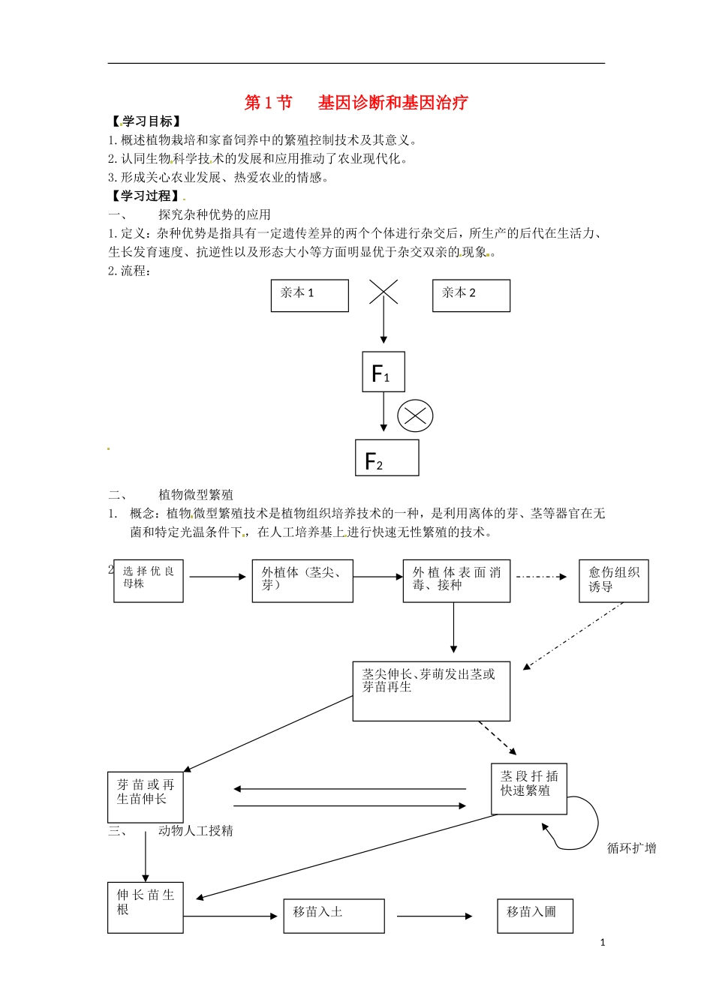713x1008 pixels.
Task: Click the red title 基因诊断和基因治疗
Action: pyautogui.click(x=393, y=103)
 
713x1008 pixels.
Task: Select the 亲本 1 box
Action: pyautogui.click(x=309, y=295)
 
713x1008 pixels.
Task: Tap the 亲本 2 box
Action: pyautogui.click(x=471, y=295)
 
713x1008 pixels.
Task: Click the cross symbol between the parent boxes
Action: pyautogui.click(x=384, y=292)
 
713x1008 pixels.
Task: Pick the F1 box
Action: pyautogui.click(x=384, y=372)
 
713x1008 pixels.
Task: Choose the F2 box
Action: pyautogui.click(x=387, y=458)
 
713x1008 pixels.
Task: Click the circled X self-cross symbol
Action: pyautogui.click(x=415, y=415)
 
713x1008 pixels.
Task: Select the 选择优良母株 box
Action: pyautogui.click(x=149, y=580)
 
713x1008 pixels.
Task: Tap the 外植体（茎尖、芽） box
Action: pyautogui.click(x=302, y=580)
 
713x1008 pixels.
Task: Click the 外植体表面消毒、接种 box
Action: pyautogui.click(x=456, y=580)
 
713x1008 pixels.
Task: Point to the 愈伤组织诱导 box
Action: pyautogui.click(x=613, y=580)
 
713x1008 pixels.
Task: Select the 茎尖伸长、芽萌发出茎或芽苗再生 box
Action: pyautogui.click(x=431, y=691)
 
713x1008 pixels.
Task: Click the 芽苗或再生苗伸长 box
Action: pyautogui.click(x=146, y=796)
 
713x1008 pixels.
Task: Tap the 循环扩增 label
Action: pyautogui.click(x=631, y=848)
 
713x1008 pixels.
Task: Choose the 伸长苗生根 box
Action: pyautogui.click(x=146, y=907)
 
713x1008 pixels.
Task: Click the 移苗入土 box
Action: pyautogui.click(x=334, y=916)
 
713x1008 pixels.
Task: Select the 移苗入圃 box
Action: pyautogui.click(x=534, y=916)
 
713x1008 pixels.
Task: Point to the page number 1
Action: pyautogui.click(x=603, y=943)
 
